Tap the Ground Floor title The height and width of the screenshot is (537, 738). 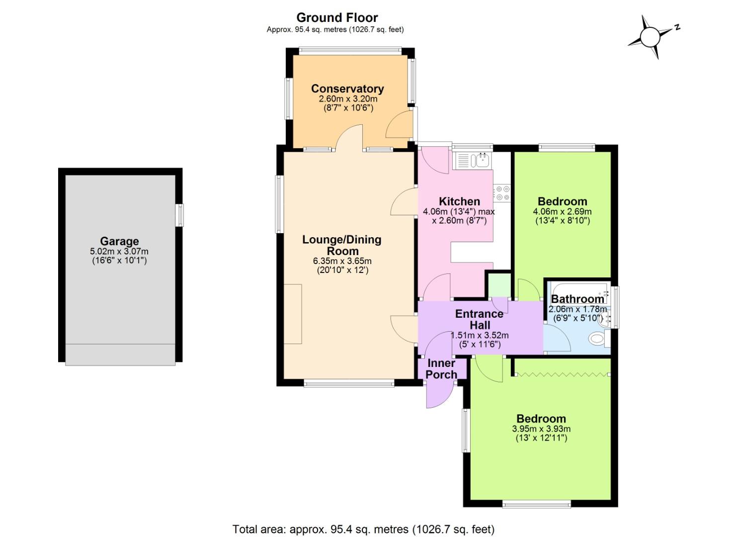(337, 18)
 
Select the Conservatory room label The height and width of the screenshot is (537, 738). (347, 89)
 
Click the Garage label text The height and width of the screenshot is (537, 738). (119, 242)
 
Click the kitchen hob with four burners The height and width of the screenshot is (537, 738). (501, 193)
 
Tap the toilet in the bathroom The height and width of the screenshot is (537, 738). (597, 339)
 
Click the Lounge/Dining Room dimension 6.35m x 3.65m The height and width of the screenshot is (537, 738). (342, 261)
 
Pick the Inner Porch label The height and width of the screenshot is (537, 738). (441, 369)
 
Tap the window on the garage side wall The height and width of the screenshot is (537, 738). (180, 215)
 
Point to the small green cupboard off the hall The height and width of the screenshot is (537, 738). (498, 285)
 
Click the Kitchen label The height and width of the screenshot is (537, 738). (459, 201)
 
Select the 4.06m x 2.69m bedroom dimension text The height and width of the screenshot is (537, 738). (562, 211)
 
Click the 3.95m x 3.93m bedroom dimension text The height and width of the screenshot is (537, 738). (541, 429)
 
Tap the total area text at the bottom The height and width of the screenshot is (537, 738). (363, 529)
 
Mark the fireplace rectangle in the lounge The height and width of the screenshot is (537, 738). (293, 314)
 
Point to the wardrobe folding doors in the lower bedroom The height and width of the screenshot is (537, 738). (562, 374)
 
